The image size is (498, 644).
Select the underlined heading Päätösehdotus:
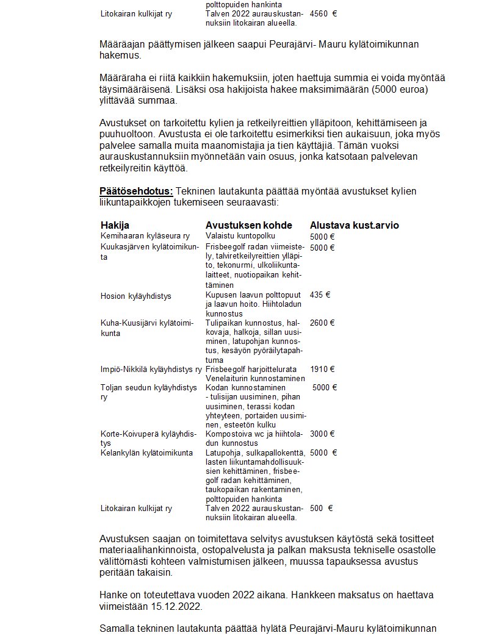[136, 191]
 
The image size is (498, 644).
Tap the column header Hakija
[115, 225]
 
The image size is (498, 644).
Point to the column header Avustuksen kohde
[248, 225]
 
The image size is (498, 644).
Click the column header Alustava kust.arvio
[354, 225]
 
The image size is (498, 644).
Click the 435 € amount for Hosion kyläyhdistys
[320, 295]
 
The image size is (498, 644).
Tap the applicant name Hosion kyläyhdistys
[135, 296]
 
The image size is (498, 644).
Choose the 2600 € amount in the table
[322, 323]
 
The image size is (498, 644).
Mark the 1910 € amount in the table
[322, 369]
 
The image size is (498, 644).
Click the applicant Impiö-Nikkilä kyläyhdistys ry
[151, 370]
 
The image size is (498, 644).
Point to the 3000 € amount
[322, 434]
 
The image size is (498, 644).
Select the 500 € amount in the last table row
[321, 508]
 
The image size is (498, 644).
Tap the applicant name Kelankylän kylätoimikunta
[146, 453]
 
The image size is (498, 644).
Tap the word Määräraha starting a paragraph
[121, 78]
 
